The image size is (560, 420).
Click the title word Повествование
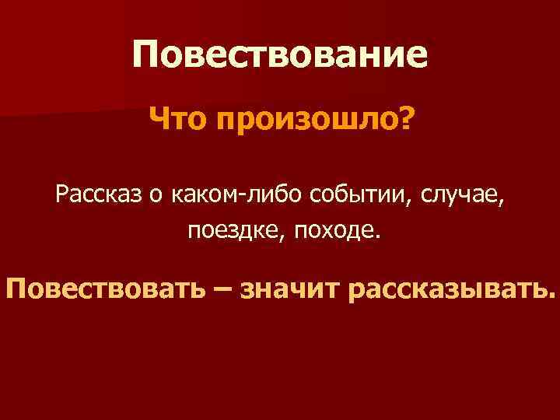280,55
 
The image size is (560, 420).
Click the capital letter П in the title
147,54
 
